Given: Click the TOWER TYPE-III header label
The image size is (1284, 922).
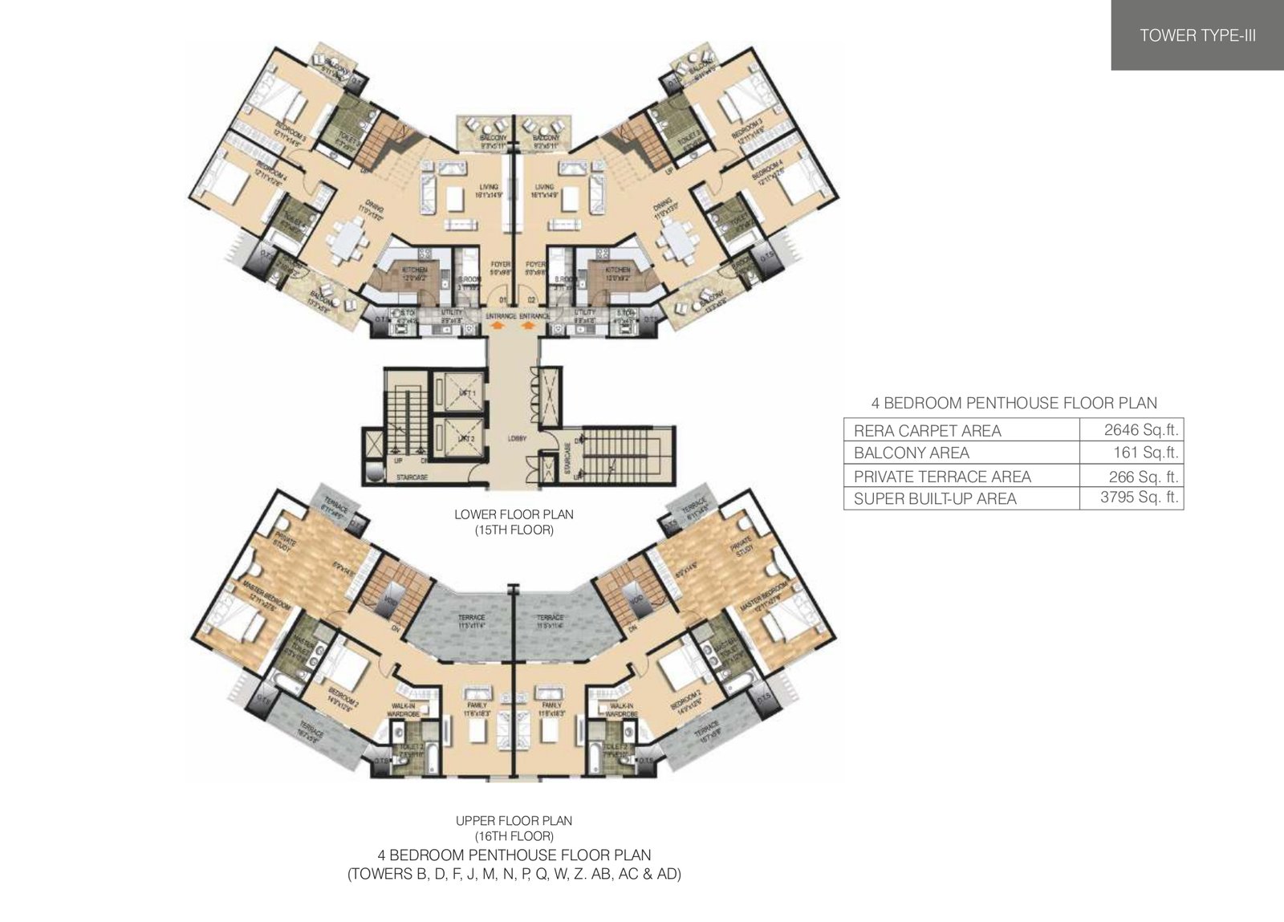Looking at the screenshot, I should click(x=1197, y=35).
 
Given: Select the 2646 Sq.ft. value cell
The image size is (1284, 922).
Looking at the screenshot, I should click(x=1132, y=429).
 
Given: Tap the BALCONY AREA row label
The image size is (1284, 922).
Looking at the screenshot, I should click(x=911, y=453).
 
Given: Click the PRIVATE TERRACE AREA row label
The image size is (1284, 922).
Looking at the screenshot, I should click(x=942, y=476).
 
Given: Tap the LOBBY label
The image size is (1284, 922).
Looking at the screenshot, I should click(x=516, y=438).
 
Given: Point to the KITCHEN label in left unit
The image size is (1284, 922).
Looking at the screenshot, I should click(x=416, y=270).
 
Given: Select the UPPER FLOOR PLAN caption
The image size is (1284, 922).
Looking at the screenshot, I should click(x=514, y=820).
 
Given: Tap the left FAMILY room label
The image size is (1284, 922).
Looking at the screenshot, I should click(x=478, y=705).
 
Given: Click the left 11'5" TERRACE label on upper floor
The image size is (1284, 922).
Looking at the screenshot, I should click(x=472, y=620).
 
